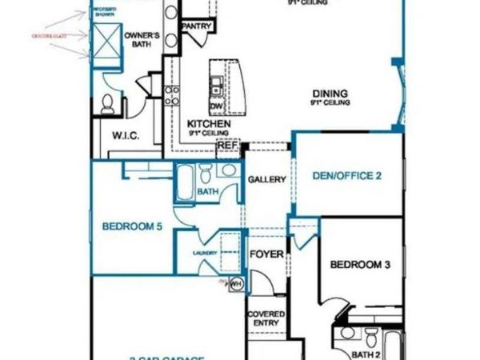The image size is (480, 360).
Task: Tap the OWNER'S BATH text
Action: click(144, 41)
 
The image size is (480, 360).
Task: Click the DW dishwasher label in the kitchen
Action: click(215, 106)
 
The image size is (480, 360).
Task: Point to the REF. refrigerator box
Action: click(228, 146)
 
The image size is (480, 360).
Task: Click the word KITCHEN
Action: click(209, 124)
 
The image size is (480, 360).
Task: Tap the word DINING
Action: click(329, 92)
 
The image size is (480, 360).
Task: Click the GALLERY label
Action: click(266, 180)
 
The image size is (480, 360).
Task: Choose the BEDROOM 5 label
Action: click(133, 227)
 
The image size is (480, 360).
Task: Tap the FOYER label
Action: click(264, 256)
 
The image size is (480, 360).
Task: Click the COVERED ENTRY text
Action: click(265, 319)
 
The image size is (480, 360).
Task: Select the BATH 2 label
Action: click(366, 353)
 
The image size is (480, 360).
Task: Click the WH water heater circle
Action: click(236, 284)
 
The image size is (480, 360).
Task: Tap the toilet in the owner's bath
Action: click(109, 102)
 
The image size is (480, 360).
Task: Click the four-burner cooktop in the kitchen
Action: click(171, 96)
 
